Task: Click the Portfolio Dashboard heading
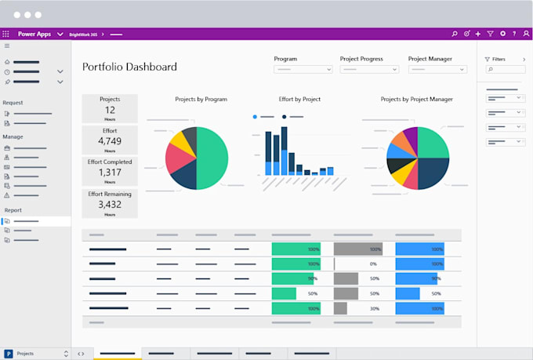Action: [129, 67]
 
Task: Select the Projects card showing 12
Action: [110, 108]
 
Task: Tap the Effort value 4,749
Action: [110, 141]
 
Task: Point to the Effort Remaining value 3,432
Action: [110, 204]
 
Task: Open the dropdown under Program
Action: [303, 70]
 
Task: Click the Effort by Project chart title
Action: [299, 100]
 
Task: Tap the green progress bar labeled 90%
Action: [289, 278]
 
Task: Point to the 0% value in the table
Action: [374, 264]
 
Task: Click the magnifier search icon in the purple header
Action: [455, 35]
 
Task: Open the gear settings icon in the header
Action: [502, 35]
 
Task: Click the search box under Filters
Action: [502, 70]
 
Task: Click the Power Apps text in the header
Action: [34, 35]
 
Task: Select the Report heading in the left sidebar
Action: [13, 210]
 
